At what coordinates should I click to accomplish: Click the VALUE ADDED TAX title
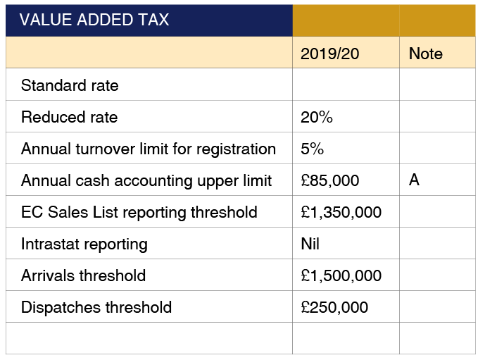[94, 20]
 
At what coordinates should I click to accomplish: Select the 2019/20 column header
[329, 54]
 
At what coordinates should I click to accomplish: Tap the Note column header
[425, 54]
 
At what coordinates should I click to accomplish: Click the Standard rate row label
[70, 86]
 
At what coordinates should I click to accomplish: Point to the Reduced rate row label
[69, 117]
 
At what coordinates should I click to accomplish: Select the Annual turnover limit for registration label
[148, 149]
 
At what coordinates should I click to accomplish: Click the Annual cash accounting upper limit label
[146, 180]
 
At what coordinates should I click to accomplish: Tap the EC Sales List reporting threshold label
[139, 212]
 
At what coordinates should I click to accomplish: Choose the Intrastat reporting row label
[84, 244]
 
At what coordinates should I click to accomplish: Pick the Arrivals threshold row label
[83, 275]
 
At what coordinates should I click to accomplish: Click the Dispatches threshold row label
[96, 307]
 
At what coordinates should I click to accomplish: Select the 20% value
[316, 117]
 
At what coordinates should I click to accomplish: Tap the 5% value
[312, 149]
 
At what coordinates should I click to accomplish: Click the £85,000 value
[329, 180]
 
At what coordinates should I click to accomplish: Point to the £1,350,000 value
[341, 212]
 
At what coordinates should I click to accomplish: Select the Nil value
[310, 244]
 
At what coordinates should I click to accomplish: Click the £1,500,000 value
[341, 275]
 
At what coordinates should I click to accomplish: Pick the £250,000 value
[334, 307]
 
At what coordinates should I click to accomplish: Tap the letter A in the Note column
[414, 180]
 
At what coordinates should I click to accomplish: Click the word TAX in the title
[154, 20]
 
